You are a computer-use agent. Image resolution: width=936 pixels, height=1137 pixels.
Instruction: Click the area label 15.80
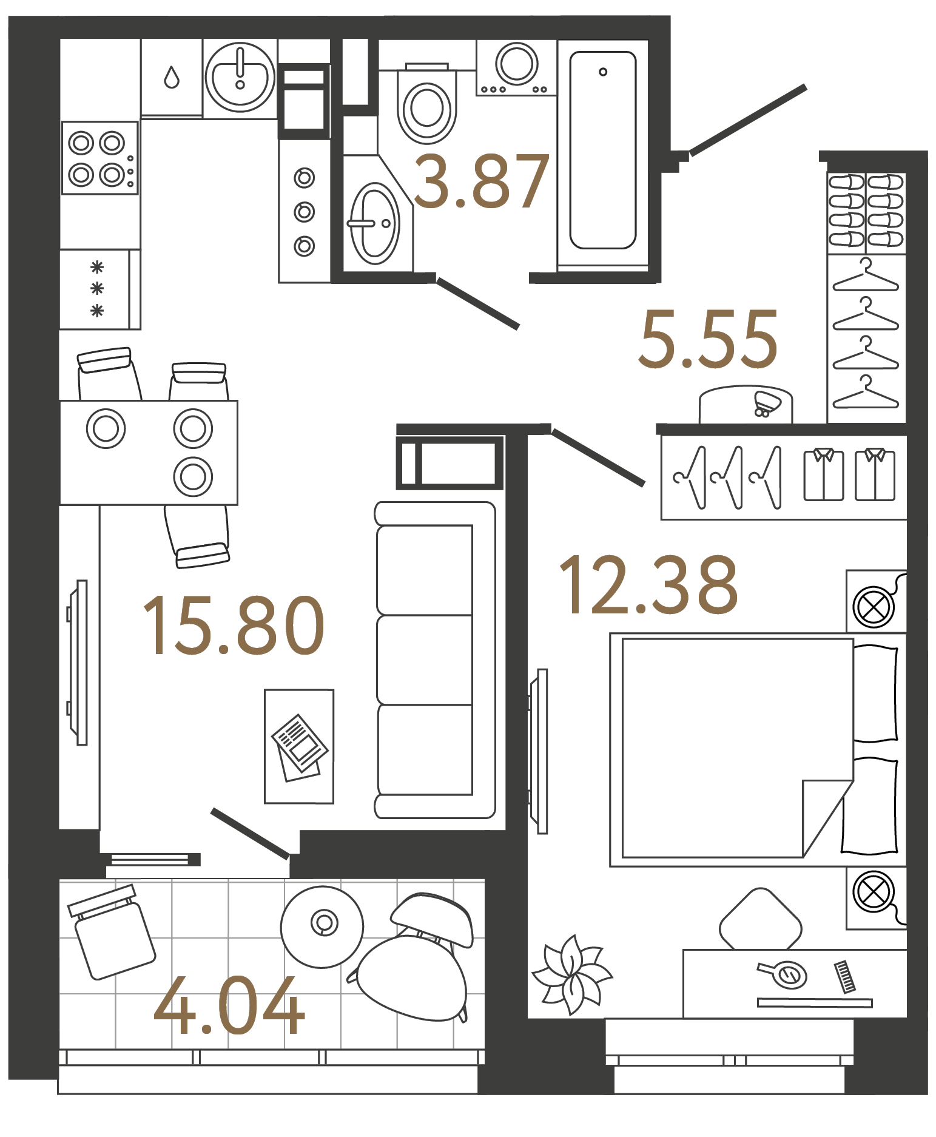tap(234, 626)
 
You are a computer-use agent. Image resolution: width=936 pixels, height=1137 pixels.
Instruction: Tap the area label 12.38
tap(648, 585)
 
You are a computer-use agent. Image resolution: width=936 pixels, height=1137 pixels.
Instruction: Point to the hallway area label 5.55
tap(709, 339)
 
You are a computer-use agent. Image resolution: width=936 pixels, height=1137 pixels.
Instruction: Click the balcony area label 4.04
tap(229, 1007)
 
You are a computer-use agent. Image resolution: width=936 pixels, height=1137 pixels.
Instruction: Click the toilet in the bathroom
tap(426, 107)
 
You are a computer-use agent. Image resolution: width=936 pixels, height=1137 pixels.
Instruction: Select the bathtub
tap(602, 150)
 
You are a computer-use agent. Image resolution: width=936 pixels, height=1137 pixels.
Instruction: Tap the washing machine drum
tap(516, 63)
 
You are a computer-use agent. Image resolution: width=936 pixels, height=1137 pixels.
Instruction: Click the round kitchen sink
tap(240, 78)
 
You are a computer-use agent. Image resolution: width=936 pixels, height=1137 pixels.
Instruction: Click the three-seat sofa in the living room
tap(434, 660)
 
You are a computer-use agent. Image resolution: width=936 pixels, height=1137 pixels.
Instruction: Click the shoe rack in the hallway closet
tap(866, 211)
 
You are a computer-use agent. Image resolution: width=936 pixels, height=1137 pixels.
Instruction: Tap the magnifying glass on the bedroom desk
tap(784, 974)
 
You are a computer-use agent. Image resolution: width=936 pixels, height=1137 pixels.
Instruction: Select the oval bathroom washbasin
tap(374, 224)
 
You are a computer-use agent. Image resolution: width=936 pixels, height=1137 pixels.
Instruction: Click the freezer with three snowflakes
tap(97, 289)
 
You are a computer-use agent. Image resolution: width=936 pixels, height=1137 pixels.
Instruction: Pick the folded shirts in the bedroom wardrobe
tap(849, 474)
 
